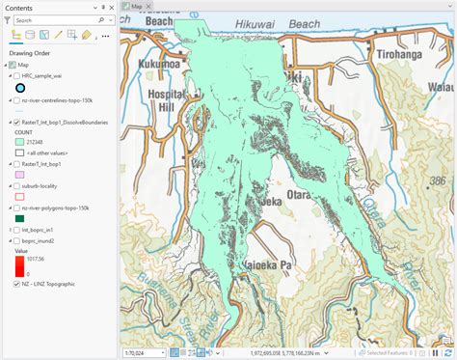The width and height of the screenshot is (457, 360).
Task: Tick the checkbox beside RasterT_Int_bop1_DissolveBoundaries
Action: pyautogui.click(x=16, y=123)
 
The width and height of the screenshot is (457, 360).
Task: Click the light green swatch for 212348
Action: pyautogui.click(x=19, y=142)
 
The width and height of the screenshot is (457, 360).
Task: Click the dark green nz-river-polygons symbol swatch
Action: pyautogui.click(x=19, y=219)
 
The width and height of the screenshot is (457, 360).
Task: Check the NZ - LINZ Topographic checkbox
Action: pyautogui.click(x=16, y=285)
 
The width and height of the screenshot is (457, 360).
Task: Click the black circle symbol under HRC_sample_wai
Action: pyautogui.click(x=20, y=88)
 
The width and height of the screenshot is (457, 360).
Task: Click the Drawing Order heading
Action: pyautogui.click(x=29, y=52)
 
